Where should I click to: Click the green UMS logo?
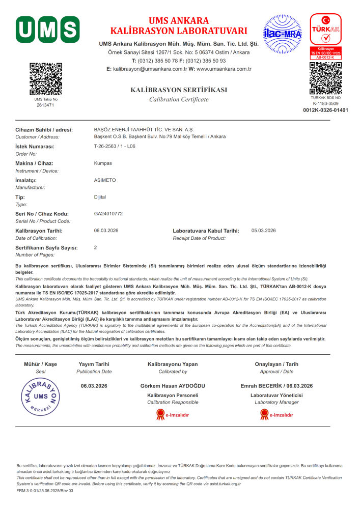47,29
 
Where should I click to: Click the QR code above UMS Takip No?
46,79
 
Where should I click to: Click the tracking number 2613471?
46,105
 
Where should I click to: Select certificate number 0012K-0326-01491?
325,110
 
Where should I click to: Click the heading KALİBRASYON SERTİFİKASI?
179,90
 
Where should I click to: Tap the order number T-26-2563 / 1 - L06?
115,146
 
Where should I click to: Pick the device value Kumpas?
103,163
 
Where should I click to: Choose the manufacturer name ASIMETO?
105,180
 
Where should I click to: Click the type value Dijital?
100,196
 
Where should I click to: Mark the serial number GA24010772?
108,213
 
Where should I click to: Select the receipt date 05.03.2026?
263,231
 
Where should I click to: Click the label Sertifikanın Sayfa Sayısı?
47,247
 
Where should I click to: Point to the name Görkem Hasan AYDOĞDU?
172,386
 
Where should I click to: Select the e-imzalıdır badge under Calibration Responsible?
172,415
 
